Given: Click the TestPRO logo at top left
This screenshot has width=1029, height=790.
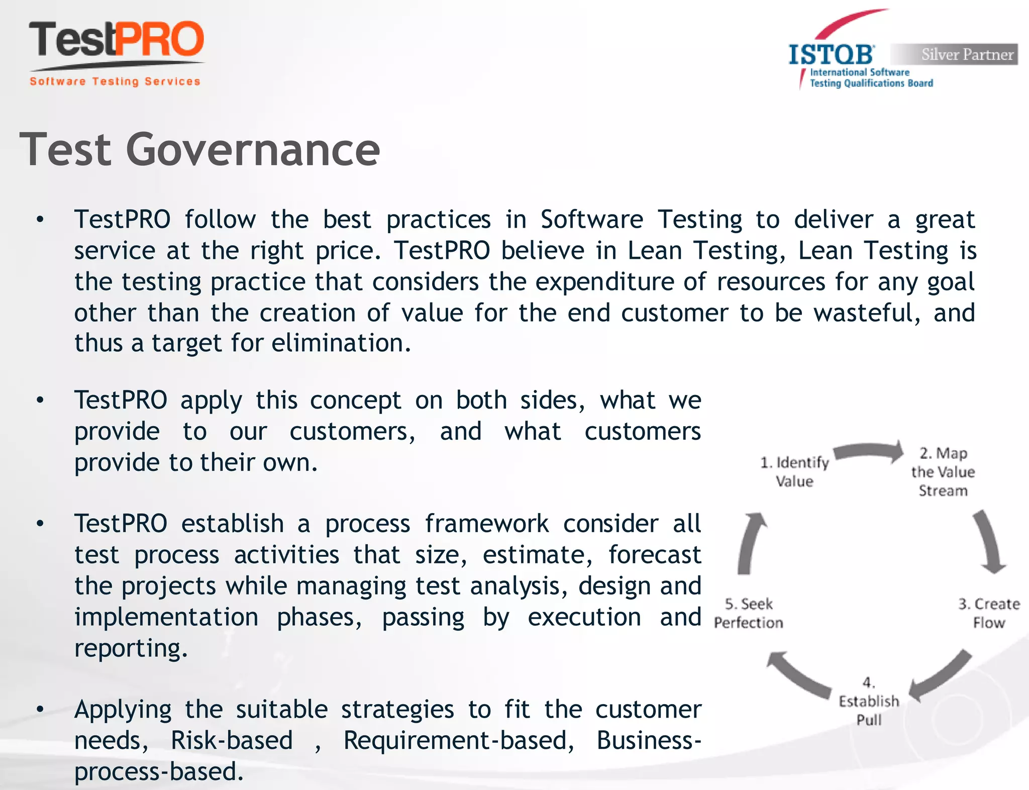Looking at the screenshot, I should pos(117,40).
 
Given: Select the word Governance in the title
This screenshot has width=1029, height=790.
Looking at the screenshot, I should pos(253,150).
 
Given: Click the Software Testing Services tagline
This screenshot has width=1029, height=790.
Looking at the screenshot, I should pos(115,81).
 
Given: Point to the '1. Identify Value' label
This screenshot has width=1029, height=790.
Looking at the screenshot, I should pos(794,471).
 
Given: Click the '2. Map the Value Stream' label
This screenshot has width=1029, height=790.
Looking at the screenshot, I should pos(943,472).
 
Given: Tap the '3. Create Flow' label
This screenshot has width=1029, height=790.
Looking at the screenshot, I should pos(988,613).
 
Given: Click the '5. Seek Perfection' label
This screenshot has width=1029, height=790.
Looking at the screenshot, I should pos(749,613).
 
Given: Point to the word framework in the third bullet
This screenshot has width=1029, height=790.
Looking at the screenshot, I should pos(486,524).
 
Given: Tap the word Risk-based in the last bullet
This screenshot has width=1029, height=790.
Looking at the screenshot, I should pos(232,741).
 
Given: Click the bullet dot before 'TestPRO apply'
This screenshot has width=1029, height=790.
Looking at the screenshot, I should pos(40,401).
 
